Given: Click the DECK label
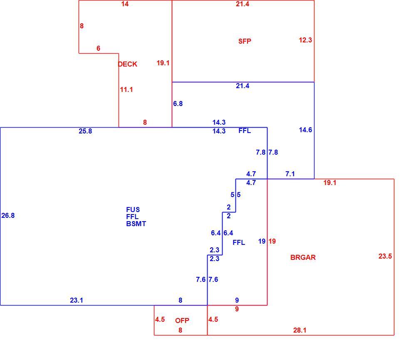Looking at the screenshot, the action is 127,64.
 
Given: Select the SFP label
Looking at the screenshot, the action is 245,41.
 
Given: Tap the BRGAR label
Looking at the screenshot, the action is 303,257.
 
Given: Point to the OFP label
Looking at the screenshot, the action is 182,321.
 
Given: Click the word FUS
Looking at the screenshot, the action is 133,210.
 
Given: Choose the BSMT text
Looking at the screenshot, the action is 136,224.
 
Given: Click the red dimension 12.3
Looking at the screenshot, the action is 305,40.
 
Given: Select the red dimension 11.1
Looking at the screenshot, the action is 126,90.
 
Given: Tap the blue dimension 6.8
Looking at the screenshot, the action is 178,104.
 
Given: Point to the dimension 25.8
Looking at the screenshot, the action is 85,131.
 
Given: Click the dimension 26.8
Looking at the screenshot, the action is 8,215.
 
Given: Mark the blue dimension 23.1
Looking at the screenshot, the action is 77,301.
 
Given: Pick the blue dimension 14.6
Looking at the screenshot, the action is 305,130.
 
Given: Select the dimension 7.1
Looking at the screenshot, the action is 290,174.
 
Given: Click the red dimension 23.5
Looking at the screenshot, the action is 385,256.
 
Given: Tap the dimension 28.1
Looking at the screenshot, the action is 300,330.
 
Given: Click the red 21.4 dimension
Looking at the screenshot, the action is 243,4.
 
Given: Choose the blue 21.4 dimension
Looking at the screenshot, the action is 243,86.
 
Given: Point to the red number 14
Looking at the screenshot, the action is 125,4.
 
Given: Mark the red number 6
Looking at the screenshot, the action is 98,48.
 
